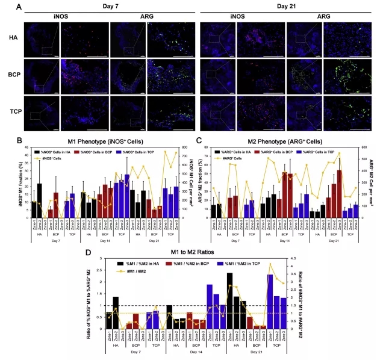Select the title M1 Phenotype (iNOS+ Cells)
[102, 140]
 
